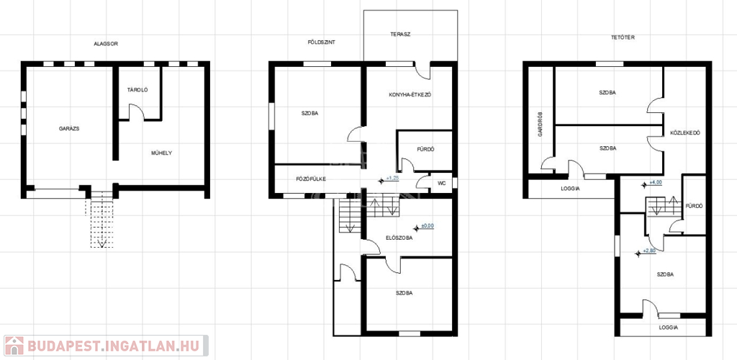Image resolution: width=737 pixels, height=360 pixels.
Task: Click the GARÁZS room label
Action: [x=68, y=128]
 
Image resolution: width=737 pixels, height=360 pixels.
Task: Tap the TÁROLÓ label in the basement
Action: [x=137, y=90]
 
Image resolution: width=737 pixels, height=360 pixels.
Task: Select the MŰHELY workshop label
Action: [x=161, y=153]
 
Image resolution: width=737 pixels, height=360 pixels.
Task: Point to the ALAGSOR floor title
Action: [x=106, y=44]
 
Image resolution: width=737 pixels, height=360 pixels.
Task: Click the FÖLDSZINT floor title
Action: [x=321, y=42]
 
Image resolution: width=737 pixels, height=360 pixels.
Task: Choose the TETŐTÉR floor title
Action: [x=624, y=37]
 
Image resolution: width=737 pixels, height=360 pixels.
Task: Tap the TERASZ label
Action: [x=400, y=34]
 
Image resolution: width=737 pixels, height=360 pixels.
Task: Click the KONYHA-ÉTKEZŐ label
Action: [x=410, y=94]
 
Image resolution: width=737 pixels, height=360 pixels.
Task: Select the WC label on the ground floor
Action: [x=441, y=183]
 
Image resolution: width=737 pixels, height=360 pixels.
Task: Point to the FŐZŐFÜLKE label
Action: [x=311, y=179]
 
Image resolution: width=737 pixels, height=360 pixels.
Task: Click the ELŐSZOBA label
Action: [x=399, y=238]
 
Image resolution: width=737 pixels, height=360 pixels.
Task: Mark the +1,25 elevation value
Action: [x=392, y=179]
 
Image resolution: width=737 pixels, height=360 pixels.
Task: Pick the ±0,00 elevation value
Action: [x=428, y=225]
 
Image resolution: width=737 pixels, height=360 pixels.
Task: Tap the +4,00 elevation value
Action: [x=655, y=183]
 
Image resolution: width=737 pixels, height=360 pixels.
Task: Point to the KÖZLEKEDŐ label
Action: [x=685, y=133]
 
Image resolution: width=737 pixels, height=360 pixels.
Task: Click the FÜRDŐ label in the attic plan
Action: [x=695, y=206]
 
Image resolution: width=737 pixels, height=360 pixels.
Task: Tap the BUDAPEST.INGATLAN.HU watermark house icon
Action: [x=14, y=346]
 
